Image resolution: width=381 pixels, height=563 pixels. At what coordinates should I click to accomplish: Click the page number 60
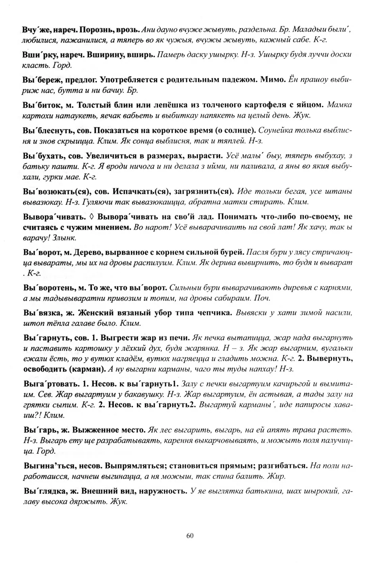click(x=190, y=536)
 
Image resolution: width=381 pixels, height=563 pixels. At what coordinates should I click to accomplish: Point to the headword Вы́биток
click(x=40, y=105)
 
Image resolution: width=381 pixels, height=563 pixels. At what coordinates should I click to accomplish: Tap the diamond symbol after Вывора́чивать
click(x=91, y=217)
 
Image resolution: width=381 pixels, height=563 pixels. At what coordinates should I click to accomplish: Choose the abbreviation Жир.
click(x=277, y=476)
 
